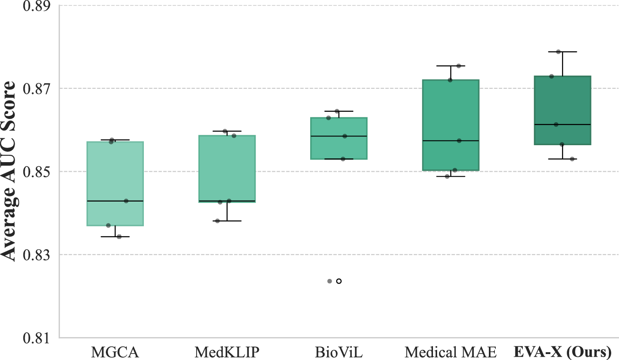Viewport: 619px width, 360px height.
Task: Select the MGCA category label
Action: (115, 352)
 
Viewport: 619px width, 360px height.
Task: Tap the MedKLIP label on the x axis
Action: (227, 352)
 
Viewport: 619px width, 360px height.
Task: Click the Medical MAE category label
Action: (450, 352)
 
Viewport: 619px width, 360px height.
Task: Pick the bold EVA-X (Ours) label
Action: (563, 352)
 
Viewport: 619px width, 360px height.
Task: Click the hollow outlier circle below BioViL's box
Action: (339, 281)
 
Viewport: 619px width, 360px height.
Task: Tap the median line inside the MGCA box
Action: (115, 201)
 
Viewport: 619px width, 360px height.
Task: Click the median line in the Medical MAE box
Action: (450, 141)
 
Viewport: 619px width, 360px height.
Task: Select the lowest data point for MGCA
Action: (119, 237)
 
